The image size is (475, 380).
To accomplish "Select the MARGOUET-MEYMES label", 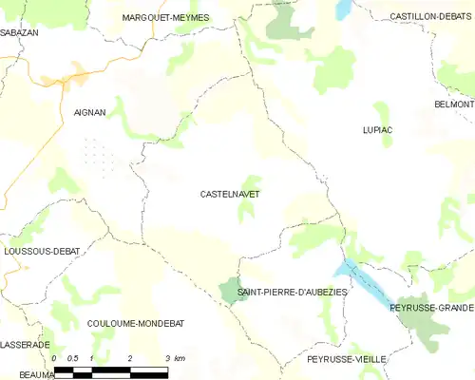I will (x=165, y=17).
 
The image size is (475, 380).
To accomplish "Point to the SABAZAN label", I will (x=18, y=31).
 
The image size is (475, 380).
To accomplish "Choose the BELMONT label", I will (x=453, y=104).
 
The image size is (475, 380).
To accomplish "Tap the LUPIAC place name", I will (x=377, y=129).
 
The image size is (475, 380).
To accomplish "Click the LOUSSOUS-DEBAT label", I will (x=41, y=251).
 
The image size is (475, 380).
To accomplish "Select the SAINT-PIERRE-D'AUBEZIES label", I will (x=293, y=292).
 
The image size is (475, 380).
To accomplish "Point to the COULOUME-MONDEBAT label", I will (x=136, y=323).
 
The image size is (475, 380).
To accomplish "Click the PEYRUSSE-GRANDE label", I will (x=431, y=308).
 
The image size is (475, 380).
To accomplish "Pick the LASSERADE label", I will (x=24, y=344).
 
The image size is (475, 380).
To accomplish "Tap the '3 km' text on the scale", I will (x=174, y=358).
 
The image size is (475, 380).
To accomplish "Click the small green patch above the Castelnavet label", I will (x=249, y=183).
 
